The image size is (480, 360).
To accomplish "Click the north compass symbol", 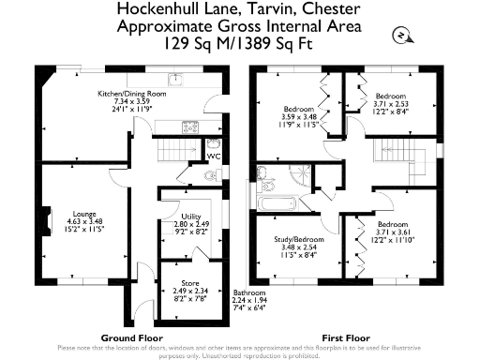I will point(399,35).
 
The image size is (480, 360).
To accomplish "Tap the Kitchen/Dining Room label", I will point(139,95).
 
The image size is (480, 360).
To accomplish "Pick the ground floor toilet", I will point(214,145).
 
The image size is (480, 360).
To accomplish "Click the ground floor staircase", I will point(174,149).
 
